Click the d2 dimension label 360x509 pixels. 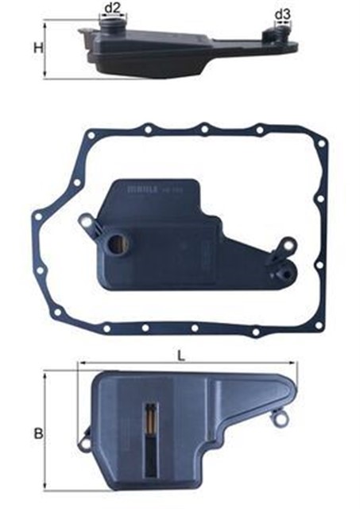pos(113,8)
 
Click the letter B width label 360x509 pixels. pos(36,433)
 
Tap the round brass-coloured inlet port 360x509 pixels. pos(119,243)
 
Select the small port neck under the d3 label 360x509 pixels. pos(281,32)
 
